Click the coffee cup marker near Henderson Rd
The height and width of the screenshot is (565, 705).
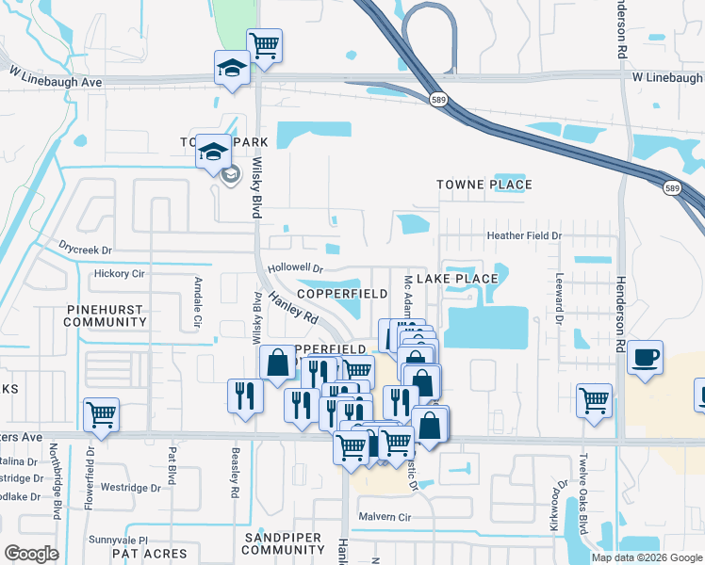[x=646, y=358]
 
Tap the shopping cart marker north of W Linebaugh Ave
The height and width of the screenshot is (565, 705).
[x=265, y=45]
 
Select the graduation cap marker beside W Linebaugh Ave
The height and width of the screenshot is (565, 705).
[x=232, y=68]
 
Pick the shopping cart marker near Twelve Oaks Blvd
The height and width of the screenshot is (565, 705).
[x=594, y=400]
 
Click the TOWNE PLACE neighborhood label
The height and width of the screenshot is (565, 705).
[x=484, y=185]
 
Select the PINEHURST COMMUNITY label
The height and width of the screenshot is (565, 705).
[x=104, y=315]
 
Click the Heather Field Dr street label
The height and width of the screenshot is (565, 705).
[x=523, y=235]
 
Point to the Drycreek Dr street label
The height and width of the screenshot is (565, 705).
[x=85, y=250]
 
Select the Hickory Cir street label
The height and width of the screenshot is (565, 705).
[x=118, y=274]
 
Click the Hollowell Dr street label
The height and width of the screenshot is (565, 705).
[x=295, y=268]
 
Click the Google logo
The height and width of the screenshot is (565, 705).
[x=31, y=554]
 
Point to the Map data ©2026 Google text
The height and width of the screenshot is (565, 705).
[x=646, y=557]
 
